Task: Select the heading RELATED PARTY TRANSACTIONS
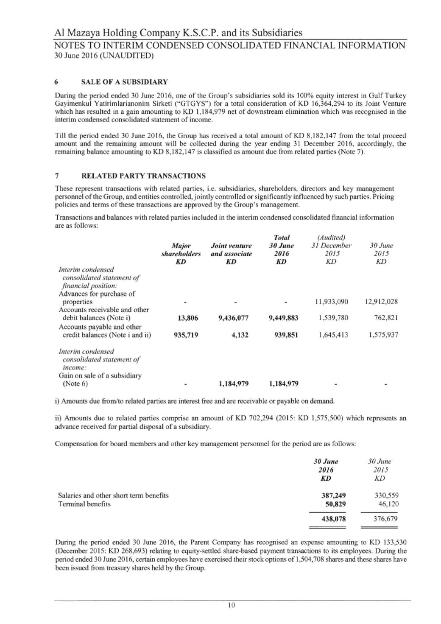[x=143, y=176]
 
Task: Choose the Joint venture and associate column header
[x=231, y=250]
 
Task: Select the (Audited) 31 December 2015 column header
[x=331, y=249]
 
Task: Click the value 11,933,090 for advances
[x=332, y=302]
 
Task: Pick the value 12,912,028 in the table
[x=381, y=302]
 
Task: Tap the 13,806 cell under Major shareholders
[x=187, y=318]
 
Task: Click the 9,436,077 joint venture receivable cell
[x=233, y=318]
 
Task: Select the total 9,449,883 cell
[x=283, y=318]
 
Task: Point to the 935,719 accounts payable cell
[x=186, y=335]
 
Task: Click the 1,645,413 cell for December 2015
[x=333, y=335]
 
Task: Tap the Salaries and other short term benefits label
[x=113, y=495]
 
